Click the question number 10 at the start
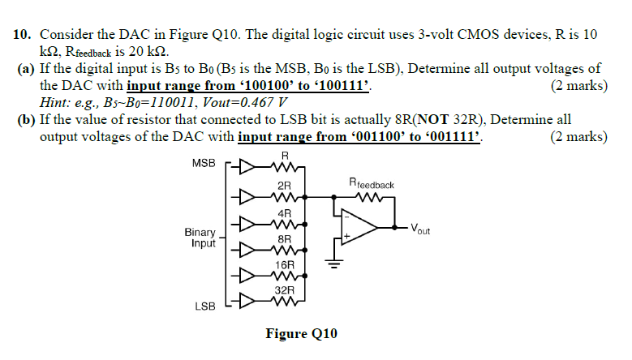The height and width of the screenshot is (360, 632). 23,35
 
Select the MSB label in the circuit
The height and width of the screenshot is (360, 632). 204,163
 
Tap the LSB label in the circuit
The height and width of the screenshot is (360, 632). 204,307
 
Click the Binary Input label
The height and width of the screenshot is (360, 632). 200,237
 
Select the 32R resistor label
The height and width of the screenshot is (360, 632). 283,289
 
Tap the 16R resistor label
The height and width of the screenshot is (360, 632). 284,264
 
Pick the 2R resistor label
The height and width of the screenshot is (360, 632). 284,186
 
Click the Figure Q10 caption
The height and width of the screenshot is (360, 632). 301,334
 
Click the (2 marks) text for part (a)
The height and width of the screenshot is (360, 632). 578,86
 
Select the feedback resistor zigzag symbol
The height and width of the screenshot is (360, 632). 369,195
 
